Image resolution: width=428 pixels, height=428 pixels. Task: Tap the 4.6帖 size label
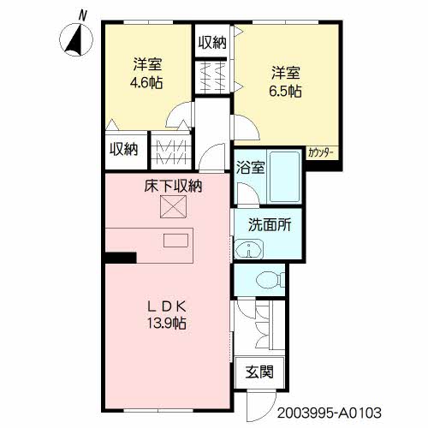click(x=146, y=83)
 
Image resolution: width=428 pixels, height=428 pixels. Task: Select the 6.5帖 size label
click(x=285, y=92)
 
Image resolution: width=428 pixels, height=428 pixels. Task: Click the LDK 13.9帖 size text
click(x=167, y=324)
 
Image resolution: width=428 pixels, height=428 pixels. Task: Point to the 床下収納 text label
click(x=173, y=187)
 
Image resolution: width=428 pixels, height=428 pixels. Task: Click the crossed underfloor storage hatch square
click(x=173, y=206)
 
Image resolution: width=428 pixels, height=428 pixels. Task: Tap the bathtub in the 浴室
click(x=285, y=176)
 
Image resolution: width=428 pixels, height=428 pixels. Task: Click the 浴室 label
click(x=251, y=168)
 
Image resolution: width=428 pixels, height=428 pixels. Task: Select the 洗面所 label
click(x=270, y=225)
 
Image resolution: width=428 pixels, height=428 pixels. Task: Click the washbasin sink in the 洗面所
click(x=248, y=249)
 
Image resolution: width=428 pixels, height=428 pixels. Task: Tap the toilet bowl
click(x=270, y=281)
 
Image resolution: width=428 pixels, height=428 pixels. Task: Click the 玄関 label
click(x=259, y=372)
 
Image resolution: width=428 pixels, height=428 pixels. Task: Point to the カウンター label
click(x=320, y=153)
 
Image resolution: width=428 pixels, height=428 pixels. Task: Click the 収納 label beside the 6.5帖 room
click(x=212, y=43)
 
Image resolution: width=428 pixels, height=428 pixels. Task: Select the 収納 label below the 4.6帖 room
click(x=124, y=149)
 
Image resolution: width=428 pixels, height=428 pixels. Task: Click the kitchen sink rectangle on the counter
click(x=175, y=241)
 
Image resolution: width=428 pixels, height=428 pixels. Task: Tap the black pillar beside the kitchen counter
click(x=120, y=258)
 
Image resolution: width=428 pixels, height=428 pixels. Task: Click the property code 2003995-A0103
click(x=330, y=413)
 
